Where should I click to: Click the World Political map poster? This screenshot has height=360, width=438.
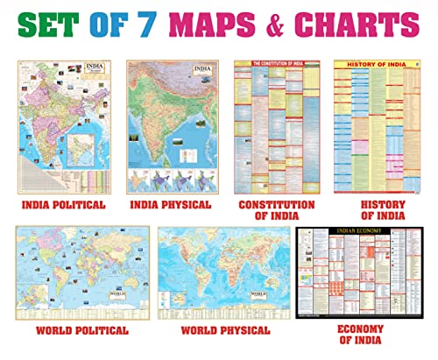(81, 272)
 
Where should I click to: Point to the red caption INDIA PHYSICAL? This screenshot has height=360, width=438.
(173, 206)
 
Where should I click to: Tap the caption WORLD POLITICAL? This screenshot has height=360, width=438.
(82, 331)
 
